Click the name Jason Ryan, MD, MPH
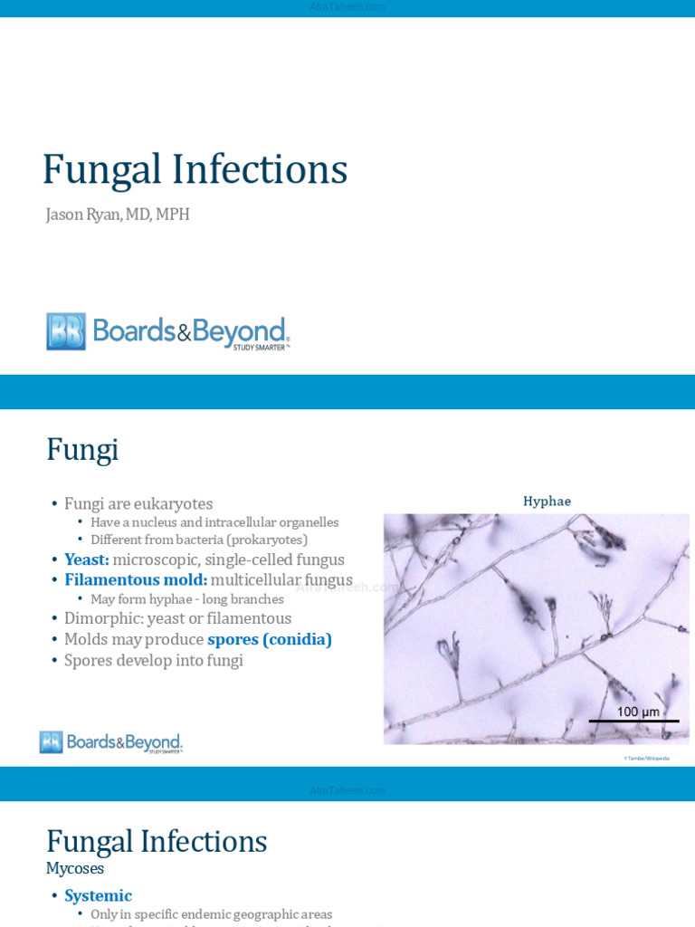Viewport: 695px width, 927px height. (x=118, y=215)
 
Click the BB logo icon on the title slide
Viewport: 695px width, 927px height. (x=66, y=331)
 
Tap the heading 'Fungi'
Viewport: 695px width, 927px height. (x=82, y=449)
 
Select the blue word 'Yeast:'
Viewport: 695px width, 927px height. (x=86, y=559)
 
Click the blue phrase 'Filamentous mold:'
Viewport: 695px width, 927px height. (x=136, y=579)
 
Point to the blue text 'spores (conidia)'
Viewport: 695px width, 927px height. (x=270, y=639)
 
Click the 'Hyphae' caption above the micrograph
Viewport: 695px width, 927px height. (x=547, y=501)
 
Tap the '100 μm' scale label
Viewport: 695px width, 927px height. (x=638, y=712)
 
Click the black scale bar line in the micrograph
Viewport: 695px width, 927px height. (x=633, y=722)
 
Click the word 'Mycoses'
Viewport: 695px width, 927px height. (x=75, y=868)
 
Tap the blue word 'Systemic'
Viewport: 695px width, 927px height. (x=98, y=895)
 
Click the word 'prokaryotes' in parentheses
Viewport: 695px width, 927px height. (x=267, y=540)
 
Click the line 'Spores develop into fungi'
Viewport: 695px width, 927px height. (x=154, y=660)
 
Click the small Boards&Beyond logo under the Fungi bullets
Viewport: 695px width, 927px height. (x=111, y=742)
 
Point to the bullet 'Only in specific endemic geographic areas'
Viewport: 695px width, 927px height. (x=211, y=914)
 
